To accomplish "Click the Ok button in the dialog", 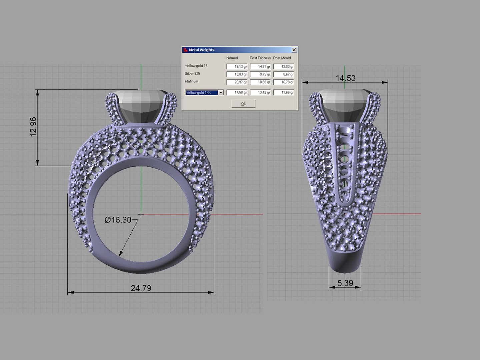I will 243,104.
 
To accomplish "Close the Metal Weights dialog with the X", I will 294,50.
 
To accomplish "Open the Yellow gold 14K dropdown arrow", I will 221,93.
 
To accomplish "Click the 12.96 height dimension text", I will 33,127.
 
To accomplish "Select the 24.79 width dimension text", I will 141,288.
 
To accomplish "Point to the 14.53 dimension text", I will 345,78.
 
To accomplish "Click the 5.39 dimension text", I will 345,283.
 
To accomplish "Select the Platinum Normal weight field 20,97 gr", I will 237,82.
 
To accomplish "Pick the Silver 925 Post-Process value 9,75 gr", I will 260,74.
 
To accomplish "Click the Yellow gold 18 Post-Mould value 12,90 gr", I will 284,67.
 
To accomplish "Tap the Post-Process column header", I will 260,58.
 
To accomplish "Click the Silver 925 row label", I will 192,73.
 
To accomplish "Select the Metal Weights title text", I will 201,50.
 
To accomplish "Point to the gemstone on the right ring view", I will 345,105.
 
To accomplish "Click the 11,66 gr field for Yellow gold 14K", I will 284,93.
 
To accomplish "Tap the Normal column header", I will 232,58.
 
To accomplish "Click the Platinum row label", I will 191,81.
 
